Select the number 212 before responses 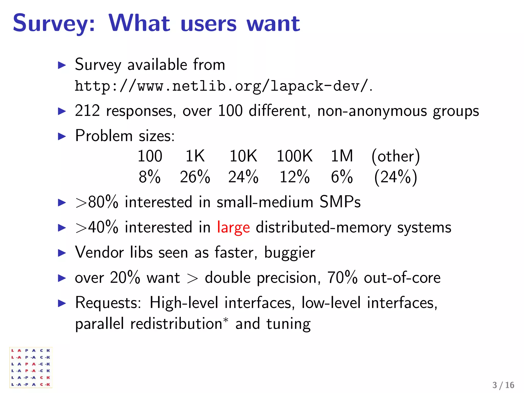point(87,111)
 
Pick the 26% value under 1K point(195,177)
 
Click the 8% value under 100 point(150,177)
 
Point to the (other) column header point(396,156)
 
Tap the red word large point(233,227)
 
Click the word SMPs point(340,202)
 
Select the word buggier point(290,253)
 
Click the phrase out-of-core point(402,278)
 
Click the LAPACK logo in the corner point(31,367)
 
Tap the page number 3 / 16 point(503,385)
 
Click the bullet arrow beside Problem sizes point(62,136)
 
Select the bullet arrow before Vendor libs point(62,253)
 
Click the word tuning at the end point(288,324)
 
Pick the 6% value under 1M point(342,177)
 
